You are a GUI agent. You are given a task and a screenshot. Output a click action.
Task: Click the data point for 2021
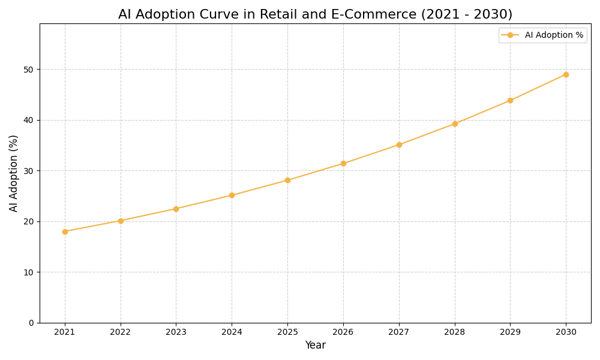(x=65, y=232)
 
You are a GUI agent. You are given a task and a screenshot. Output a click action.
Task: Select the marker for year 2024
(x=232, y=195)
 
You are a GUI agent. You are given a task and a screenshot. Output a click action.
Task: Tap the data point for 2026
(x=343, y=163)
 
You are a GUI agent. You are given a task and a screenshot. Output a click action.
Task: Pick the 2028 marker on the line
(x=455, y=124)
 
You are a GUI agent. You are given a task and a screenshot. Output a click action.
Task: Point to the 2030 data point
(x=566, y=74)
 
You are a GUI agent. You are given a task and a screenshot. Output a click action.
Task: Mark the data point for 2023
(x=176, y=209)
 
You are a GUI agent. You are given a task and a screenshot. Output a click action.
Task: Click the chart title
(x=315, y=14)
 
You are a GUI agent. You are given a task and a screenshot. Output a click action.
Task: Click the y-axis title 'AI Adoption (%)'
(x=14, y=173)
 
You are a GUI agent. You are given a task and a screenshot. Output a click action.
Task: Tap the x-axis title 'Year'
(x=315, y=346)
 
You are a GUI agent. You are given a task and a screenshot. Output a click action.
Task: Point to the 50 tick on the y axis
(x=28, y=70)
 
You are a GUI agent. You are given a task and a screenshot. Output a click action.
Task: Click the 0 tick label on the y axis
(x=31, y=323)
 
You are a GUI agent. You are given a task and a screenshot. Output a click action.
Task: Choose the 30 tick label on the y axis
(x=28, y=171)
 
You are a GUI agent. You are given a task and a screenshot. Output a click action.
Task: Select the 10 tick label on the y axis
(x=28, y=272)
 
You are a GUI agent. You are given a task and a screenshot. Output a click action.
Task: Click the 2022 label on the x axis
(x=121, y=332)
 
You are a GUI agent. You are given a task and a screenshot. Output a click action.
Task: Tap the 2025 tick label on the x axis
(x=287, y=332)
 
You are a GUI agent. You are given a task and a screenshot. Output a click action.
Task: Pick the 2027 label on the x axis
(x=399, y=332)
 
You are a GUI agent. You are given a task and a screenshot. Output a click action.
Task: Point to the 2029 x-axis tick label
(x=510, y=332)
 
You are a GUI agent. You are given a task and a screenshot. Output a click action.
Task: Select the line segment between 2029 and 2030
(x=538, y=88)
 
